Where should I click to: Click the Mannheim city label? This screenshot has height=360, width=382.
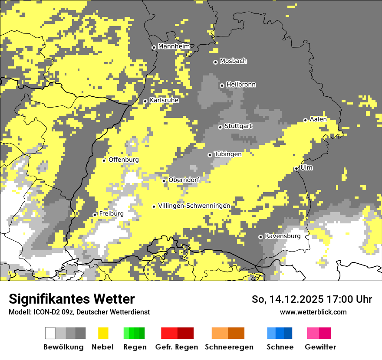pyautogui.click(x=174, y=46)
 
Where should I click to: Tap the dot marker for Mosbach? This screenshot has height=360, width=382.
pyautogui.click(x=215, y=62)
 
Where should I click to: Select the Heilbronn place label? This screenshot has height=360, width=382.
pyautogui.click(x=241, y=85)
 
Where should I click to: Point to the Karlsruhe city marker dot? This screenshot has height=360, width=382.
pyautogui.click(x=145, y=101)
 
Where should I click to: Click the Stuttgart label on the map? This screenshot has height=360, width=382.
pyautogui.click(x=238, y=126)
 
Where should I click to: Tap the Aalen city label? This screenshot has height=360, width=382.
pyautogui.click(x=318, y=119)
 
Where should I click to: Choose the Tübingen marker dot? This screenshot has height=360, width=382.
pyautogui.click(x=210, y=155)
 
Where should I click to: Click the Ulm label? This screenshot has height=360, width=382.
pyautogui.click(x=306, y=168)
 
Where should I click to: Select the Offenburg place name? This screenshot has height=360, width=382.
pyautogui.click(x=124, y=160)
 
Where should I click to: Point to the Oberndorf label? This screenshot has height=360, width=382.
pyautogui.click(x=184, y=180)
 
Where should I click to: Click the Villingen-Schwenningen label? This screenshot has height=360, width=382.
pyautogui.click(x=194, y=206)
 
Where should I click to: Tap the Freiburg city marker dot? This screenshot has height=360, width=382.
pyautogui.click(x=95, y=215)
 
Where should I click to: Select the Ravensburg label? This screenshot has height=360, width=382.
pyautogui.click(x=283, y=236)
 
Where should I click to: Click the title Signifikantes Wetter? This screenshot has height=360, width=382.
pyautogui.click(x=72, y=299)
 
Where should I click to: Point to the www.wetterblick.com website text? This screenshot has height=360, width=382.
pyautogui.click(x=313, y=312)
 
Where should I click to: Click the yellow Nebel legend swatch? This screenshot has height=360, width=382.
pyautogui.click(x=103, y=333)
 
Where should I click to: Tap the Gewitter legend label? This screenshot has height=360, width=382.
pyautogui.click(x=320, y=347)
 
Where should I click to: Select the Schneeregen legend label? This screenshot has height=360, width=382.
pyautogui.click(x=229, y=347)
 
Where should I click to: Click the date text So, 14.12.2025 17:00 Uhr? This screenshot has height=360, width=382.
pyautogui.click(x=312, y=299)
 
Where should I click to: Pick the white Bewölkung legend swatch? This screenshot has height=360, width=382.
pyautogui.click(x=50, y=333)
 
